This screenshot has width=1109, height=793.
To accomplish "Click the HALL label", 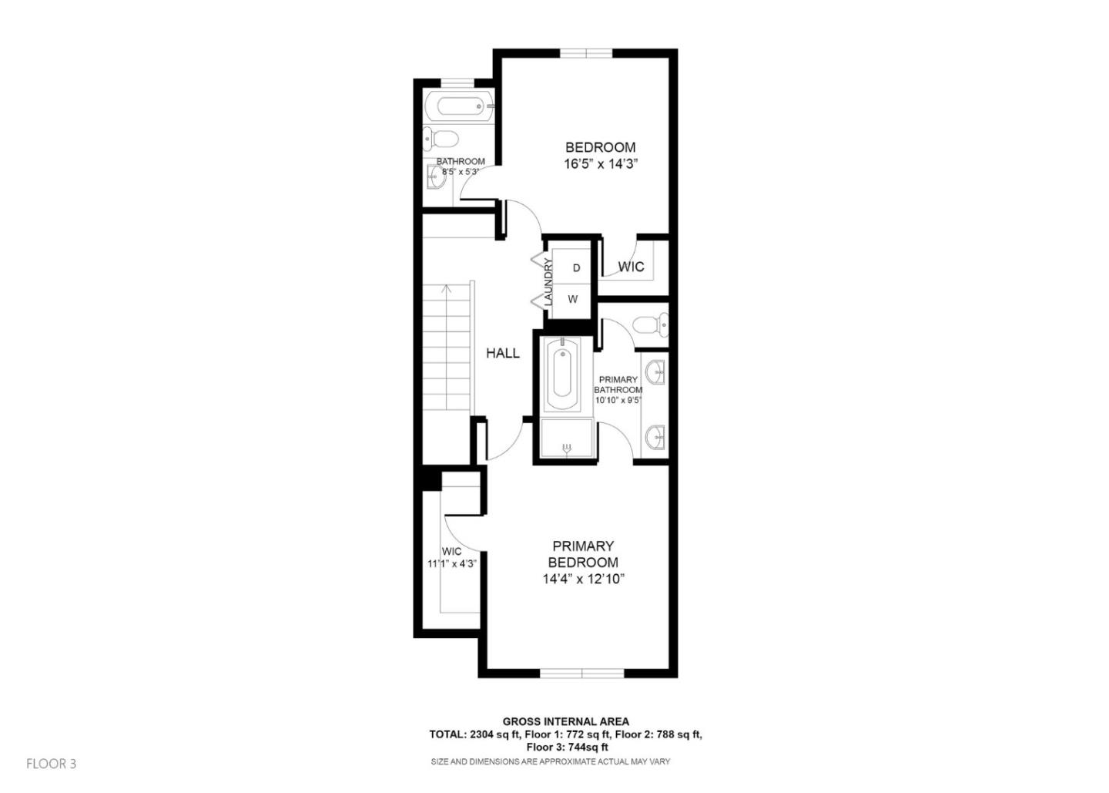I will click(502, 353).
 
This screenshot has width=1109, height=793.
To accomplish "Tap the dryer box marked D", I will click(575, 268).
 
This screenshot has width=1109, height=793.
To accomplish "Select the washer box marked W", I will click(573, 299).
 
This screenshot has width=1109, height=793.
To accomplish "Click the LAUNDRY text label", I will click(549, 282).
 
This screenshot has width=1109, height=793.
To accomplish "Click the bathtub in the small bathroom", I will click(457, 106).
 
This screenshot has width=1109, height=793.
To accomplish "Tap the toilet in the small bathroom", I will click(441, 139).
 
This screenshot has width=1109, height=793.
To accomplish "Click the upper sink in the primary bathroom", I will click(655, 371).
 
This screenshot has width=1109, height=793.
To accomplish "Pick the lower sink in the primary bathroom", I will click(655, 438).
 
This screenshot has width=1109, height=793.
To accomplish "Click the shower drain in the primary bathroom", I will click(568, 448).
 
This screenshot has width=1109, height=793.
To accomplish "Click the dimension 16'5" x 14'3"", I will click(601, 164).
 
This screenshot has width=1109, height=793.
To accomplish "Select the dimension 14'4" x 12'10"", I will click(583, 579).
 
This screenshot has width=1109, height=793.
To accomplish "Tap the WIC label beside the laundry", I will click(631, 267).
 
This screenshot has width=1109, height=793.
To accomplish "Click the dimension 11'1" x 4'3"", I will click(452, 563).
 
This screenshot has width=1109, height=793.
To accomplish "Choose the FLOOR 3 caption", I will click(52, 764).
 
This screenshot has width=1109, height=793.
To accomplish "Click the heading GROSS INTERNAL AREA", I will click(565, 721).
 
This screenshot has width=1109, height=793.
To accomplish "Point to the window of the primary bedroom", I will click(581, 674).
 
